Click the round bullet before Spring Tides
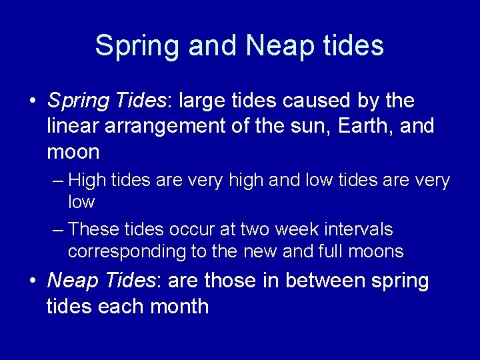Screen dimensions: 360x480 [x=32, y=102]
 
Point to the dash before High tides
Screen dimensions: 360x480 [x=58, y=181]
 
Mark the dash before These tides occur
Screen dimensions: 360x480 [x=58, y=230]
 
